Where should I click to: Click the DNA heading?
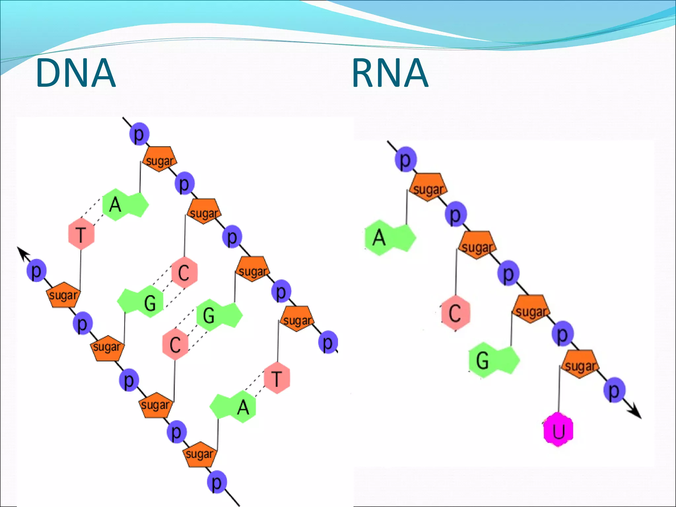tap(76, 73)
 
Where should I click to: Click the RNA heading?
tap(390, 73)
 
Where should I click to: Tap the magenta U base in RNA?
tap(558, 430)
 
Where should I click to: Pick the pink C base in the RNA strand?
tap(455, 313)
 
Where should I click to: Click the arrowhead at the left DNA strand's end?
tap(22, 253)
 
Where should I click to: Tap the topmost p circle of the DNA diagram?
tap(139, 134)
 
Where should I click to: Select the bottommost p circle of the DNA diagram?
tap(217, 483)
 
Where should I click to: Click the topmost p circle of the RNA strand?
tap(406, 159)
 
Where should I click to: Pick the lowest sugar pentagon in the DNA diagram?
tap(199, 454)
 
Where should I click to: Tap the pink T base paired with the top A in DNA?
tap(81, 234)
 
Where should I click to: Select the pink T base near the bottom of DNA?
tap(277, 378)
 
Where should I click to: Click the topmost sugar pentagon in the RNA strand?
tap(428, 187)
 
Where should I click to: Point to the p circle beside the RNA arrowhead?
tap(614, 390)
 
